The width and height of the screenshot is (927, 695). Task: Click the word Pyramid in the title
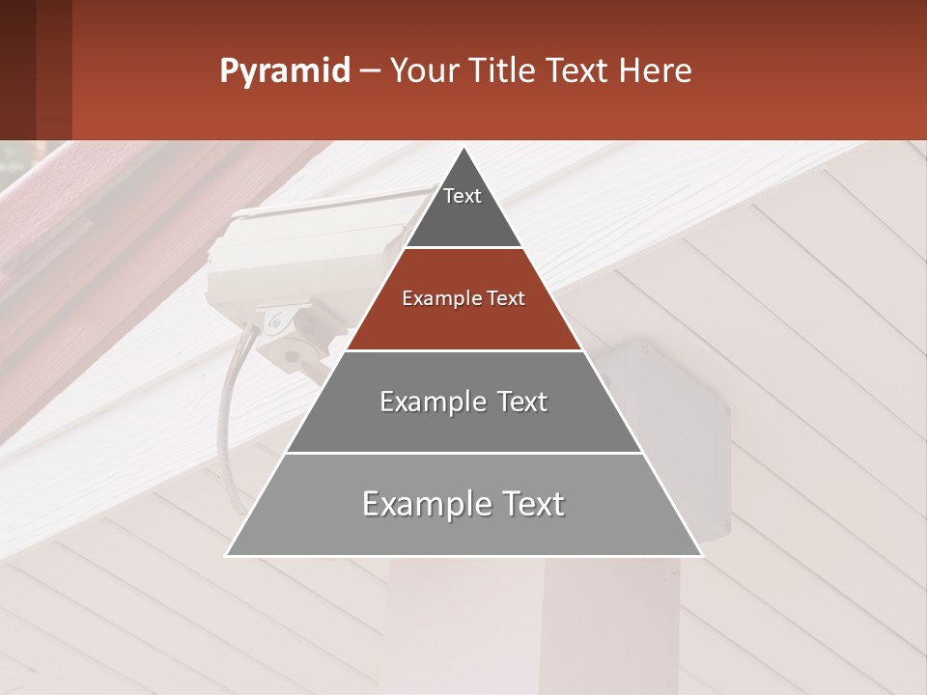[284, 71]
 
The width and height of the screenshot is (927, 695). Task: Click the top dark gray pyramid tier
[463, 217]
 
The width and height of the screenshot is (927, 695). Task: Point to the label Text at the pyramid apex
[463, 196]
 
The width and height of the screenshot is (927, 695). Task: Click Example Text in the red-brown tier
[463, 298]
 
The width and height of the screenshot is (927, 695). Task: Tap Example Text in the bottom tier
[463, 504]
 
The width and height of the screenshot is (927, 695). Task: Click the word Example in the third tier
[422, 402]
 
